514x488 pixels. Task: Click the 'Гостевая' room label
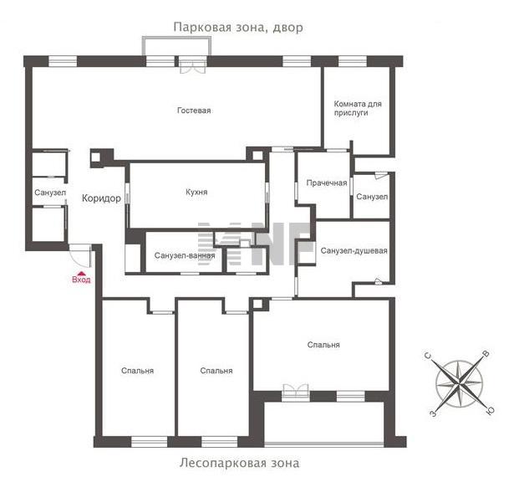(x=194, y=110)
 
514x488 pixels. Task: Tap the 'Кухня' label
(x=196, y=193)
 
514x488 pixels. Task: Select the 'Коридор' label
(x=101, y=198)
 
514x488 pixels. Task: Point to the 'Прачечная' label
(x=327, y=183)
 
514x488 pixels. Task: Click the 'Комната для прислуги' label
(x=358, y=108)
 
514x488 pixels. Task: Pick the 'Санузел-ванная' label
(x=185, y=255)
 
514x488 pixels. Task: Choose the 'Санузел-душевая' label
(x=354, y=251)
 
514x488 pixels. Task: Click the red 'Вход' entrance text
(x=81, y=280)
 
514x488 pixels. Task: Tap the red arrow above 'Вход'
(x=81, y=273)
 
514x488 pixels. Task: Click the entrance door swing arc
(x=78, y=261)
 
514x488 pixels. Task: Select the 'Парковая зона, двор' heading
(x=238, y=28)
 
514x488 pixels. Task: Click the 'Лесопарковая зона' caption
(x=239, y=464)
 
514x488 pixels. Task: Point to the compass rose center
(x=459, y=383)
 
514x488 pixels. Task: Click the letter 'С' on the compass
(x=428, y=356)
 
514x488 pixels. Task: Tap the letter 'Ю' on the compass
(x=490, y=410)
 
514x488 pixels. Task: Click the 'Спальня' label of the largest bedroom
(x=323, y=345)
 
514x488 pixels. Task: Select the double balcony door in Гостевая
(x=193, y=65)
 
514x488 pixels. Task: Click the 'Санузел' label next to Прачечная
(x=372, y=197)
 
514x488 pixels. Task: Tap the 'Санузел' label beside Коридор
(x=50, y=193)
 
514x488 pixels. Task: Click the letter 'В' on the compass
(x=486, y=354)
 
